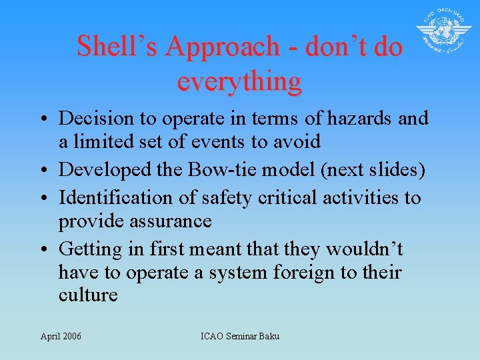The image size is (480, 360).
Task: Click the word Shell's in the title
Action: [x=116, y=46]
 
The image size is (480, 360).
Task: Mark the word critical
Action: [x=283, y=197]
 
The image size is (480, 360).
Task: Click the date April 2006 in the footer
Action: [x=61, y=336]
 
